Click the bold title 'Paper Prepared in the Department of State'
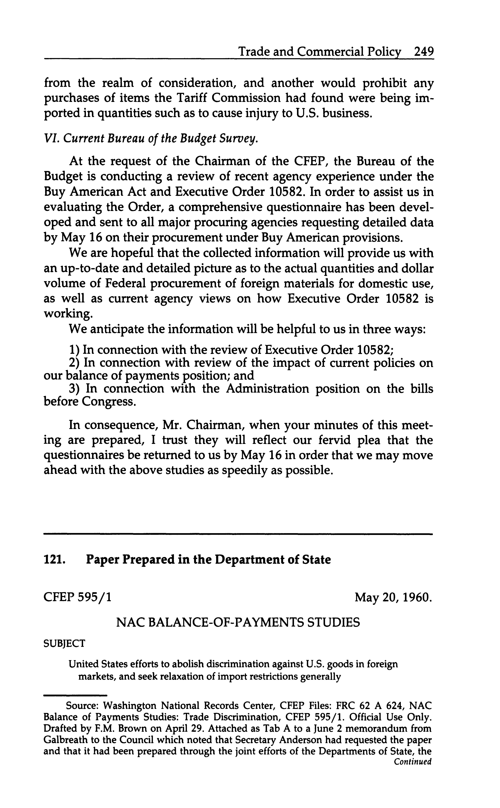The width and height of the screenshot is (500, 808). click(208, 560)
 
